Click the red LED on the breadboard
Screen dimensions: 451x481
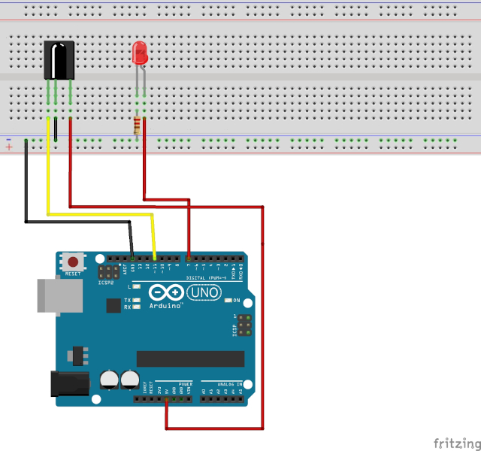pos(139,53)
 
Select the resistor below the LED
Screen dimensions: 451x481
pos(137,126)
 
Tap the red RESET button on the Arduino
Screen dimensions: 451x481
pos(73,262)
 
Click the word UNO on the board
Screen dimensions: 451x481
pos(204,292)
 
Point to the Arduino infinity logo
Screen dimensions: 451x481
pos(166,292)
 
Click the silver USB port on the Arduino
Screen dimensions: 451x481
pos(59,295)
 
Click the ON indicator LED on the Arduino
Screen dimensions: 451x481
pos(227,301)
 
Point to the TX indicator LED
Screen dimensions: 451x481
pos(137,299)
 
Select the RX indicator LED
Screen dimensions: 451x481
pos(137,307)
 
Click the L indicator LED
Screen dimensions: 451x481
pos(137,286)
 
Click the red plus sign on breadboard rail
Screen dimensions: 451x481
pos(9,147)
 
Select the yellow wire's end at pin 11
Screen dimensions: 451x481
pos(156,260)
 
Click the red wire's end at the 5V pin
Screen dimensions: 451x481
pos(166,399)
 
